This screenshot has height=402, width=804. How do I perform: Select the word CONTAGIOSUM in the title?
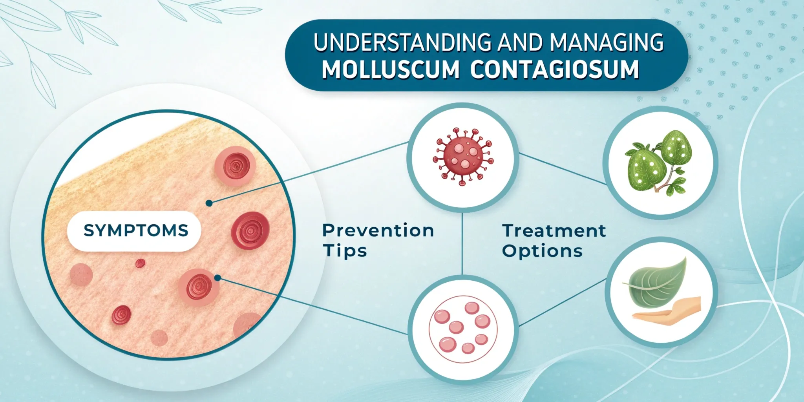554,69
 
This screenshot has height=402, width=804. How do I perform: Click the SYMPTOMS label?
136,230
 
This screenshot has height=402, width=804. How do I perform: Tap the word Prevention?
378,230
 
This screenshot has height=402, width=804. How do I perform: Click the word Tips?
345,250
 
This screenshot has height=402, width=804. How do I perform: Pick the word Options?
542,250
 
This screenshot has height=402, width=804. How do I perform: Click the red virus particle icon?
463,156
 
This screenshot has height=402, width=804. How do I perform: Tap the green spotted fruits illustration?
659,162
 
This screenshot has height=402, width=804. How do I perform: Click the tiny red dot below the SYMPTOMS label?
140,263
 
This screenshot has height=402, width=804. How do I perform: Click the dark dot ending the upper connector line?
209,203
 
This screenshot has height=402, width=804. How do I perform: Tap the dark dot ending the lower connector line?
218,278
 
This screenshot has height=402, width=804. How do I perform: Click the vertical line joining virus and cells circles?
462,243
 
